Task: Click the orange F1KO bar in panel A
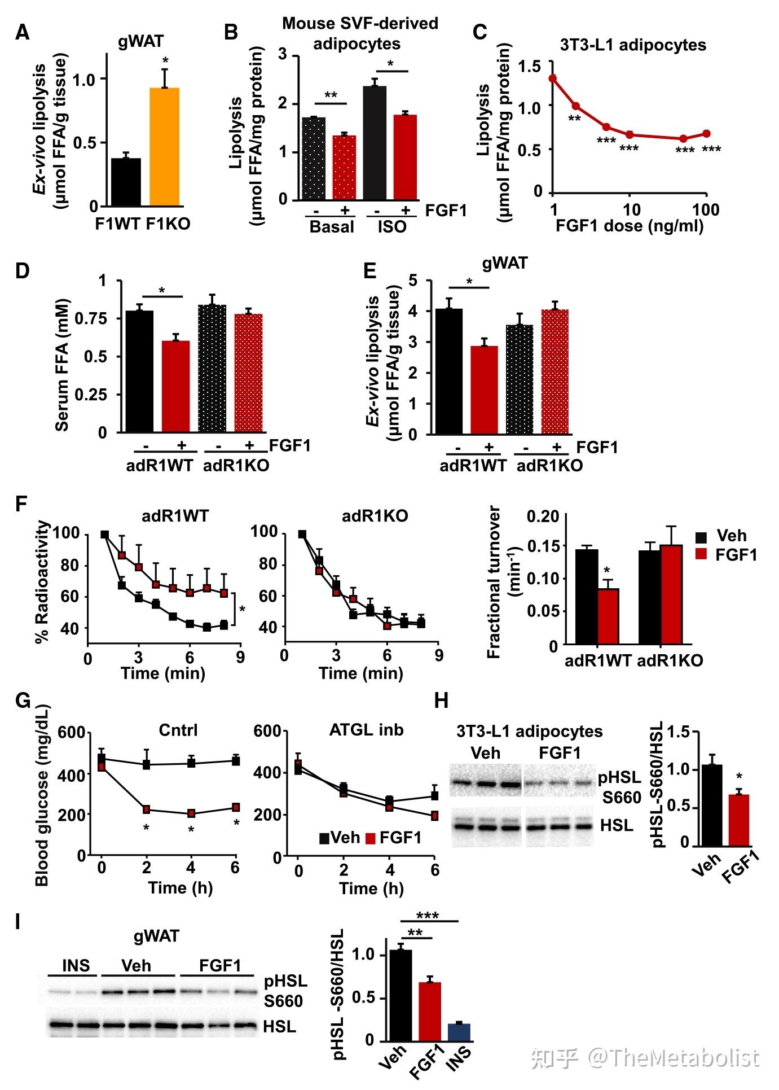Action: click(164, 147)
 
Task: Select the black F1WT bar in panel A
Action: click(126, 182)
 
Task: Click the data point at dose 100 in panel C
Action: click(706, 134)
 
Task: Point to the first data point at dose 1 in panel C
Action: click(553, 78)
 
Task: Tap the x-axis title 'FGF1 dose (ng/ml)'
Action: click(630, 227)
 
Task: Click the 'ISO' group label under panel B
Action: click(392, 227)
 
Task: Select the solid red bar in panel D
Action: click(175, 387)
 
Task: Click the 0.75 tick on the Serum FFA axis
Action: click(102, 318)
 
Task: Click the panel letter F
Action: click(21, 504)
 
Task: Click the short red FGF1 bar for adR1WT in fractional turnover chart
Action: click(608, 616)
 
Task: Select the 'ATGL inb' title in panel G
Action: click(366, 730)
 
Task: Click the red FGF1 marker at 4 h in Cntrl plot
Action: click(191, 813)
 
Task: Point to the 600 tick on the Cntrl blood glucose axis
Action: click(74, 733)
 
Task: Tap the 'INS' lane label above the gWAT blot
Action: click(76, 965)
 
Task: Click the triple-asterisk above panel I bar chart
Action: click(427, 916)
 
